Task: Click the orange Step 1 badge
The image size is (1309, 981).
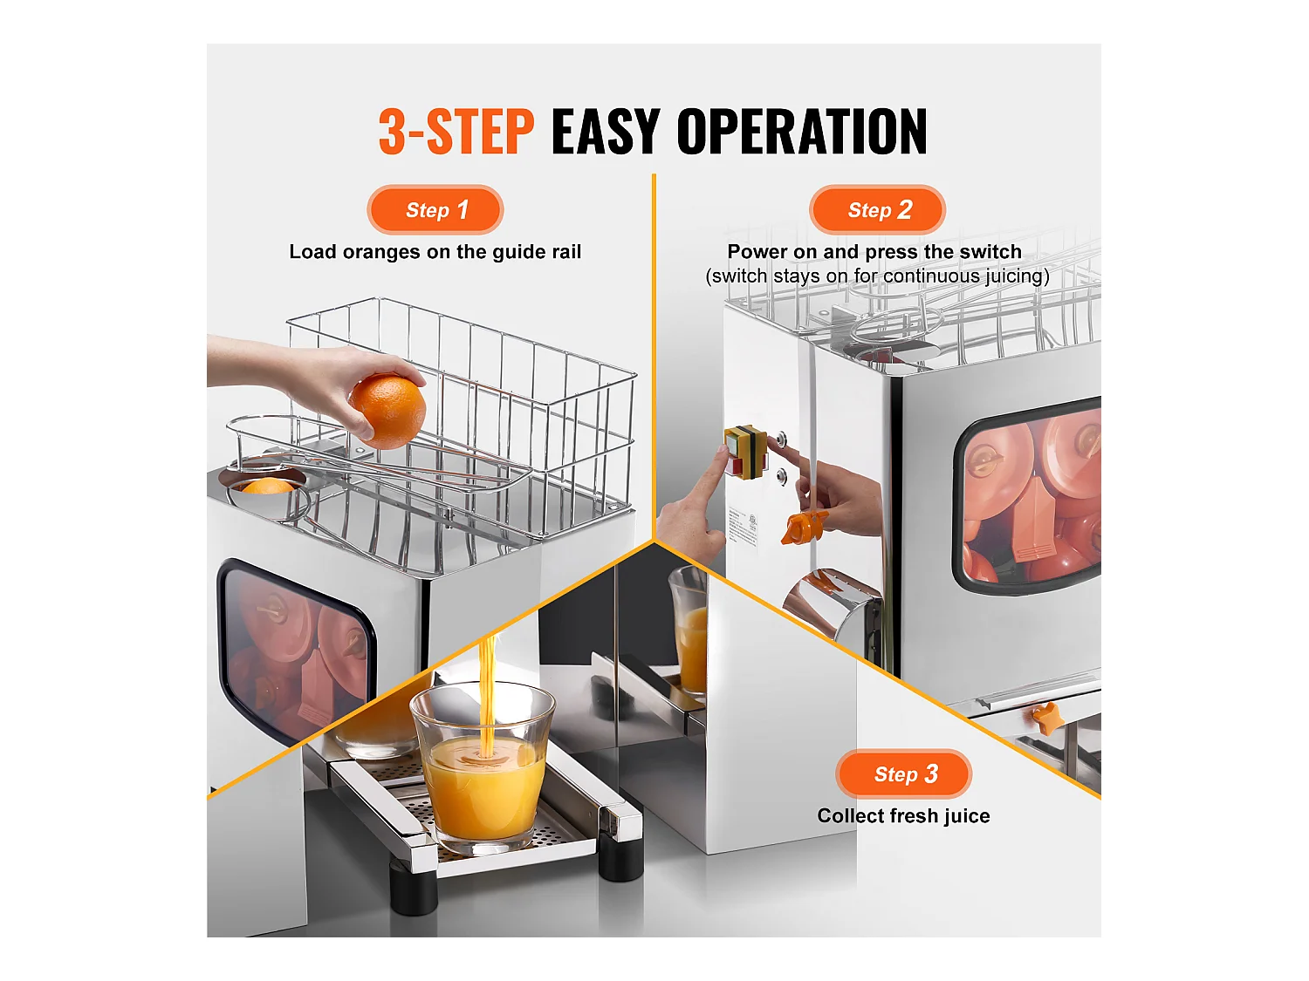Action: [435, 210]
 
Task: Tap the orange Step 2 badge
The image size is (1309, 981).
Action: [878, 210]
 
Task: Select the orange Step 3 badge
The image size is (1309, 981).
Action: [904, 774]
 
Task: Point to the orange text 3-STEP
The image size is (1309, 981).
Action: [456, 133]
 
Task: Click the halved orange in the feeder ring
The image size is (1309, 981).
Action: [267, 487]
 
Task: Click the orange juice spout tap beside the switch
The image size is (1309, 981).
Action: [803, 528]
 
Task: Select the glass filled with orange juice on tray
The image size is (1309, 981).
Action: [482, 767]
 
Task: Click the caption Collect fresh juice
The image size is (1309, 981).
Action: [903, 816]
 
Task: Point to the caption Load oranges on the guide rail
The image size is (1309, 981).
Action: [435, 252]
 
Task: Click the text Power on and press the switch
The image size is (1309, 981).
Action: [874, 252]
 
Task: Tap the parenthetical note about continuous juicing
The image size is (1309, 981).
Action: [877, 276]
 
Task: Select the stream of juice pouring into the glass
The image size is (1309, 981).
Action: [488, 689]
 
